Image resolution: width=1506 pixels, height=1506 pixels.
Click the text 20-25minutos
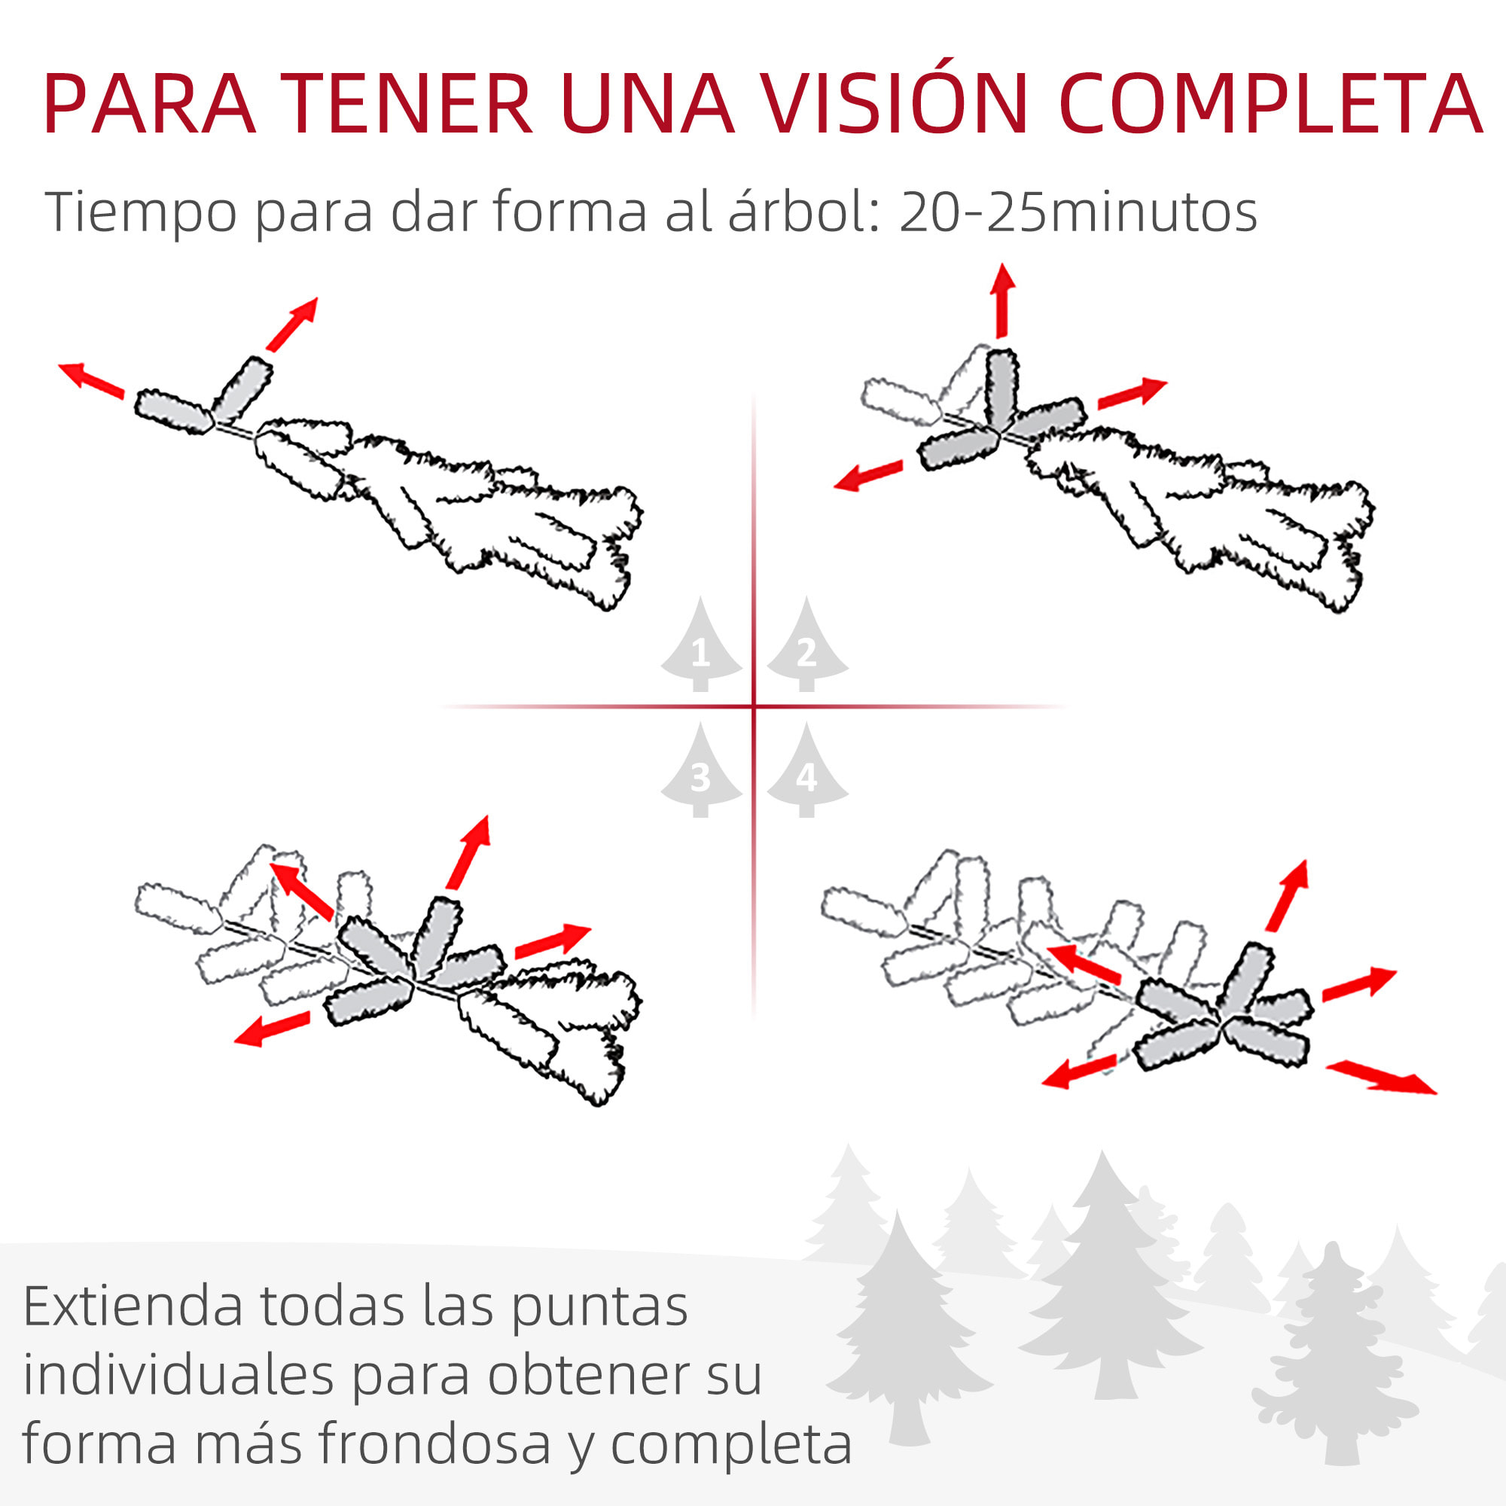[1078, 212]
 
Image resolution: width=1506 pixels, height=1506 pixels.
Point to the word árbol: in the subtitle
[803, 212]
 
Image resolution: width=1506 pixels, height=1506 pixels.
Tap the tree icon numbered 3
[700, 773]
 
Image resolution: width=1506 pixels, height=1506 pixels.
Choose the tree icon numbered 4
[806, 773]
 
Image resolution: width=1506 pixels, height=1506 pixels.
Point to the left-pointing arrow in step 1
[91, 380]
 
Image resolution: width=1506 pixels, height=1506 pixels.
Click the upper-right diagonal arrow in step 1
[292, 324]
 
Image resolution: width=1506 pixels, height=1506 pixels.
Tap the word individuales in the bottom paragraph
[178, 1375]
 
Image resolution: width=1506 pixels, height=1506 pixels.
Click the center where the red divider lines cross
[754, 706]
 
